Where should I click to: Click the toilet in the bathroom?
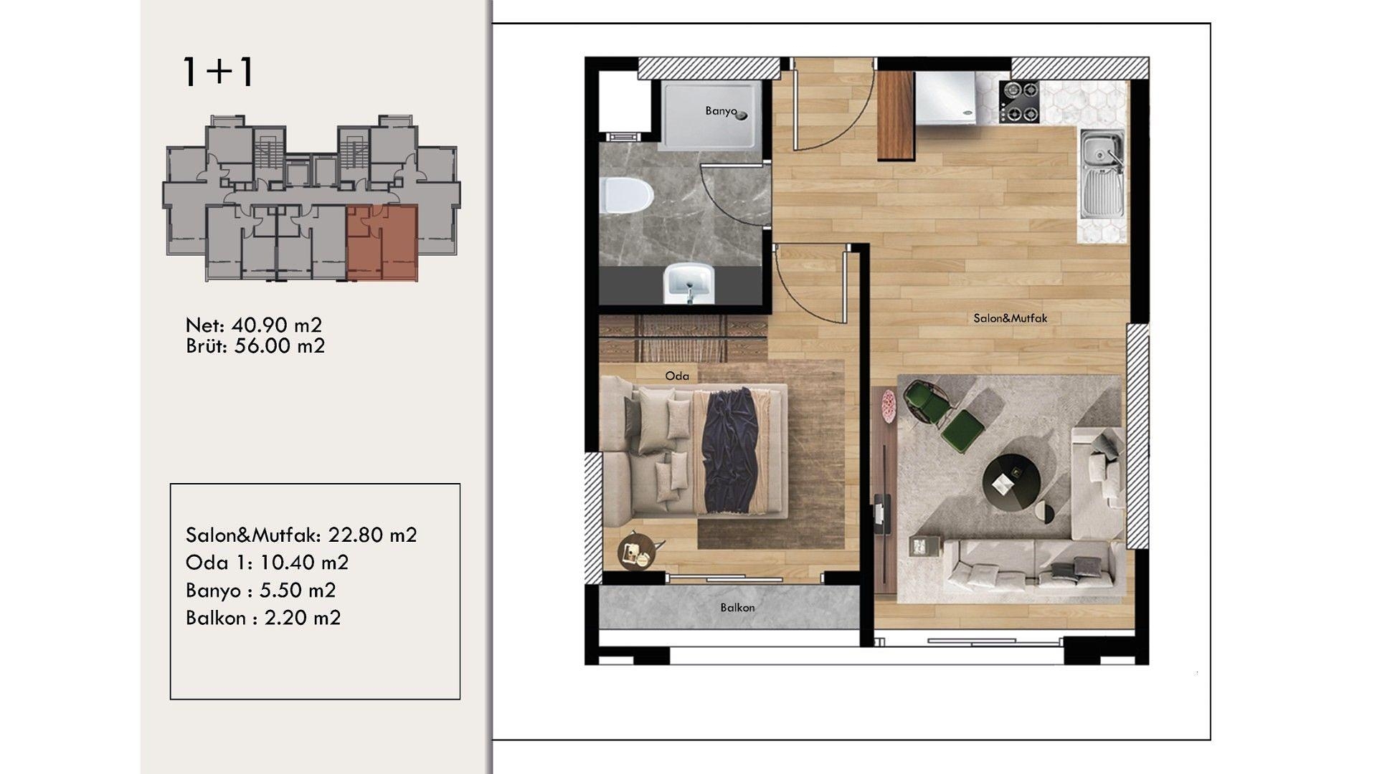tap(625, 196)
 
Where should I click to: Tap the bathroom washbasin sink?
tap(688, 282)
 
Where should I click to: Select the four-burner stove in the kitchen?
tap(1019, 102)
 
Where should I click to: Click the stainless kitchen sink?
tap(1102, 173)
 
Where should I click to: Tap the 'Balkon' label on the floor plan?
tap(737, 608)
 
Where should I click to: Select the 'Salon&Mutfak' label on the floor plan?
tap(1010, 318)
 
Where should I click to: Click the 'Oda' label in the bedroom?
tap(677, 376)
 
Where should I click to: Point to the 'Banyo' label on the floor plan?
tap(721, 111)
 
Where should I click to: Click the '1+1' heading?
tap(218, 72)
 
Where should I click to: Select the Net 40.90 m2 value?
tap(276, 325)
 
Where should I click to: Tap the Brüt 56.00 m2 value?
tap(280, 346)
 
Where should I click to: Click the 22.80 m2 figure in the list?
tap(372, 535)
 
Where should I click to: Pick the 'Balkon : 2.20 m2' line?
tap(263, 618)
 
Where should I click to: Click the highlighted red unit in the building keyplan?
tap(382, 242)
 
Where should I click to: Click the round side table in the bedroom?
tap(635, 550)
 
